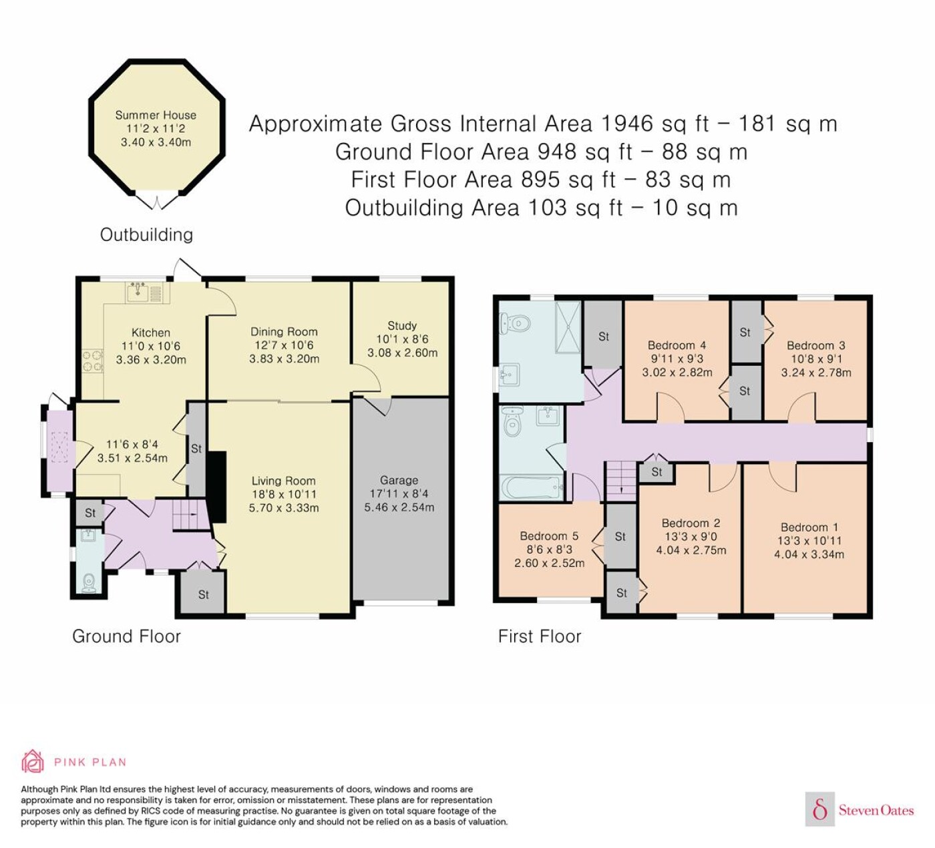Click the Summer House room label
click(156, 115)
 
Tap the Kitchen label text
click(150, 333)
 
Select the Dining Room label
click(284, 331)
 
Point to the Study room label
click(402, 325)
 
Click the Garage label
click(399, 480)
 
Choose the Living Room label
click(283, 481)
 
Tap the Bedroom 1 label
click(809, 527)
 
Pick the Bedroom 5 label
click(549, 536)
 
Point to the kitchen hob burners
click(92, 361)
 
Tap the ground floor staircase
click(190, 515)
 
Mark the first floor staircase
click(621, 481)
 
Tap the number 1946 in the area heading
click(627, 124)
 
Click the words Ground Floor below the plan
click(126, 636)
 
